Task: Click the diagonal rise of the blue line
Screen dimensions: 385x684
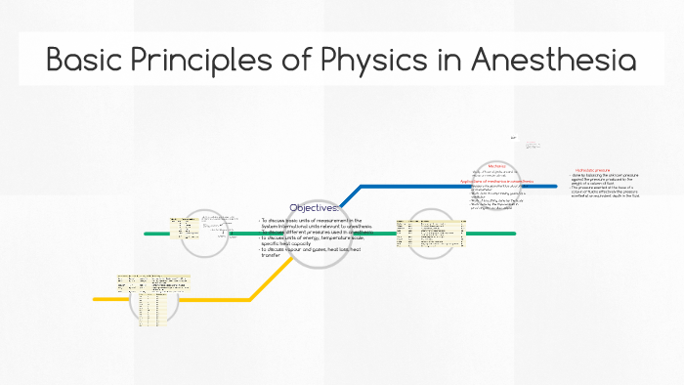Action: [348, 195]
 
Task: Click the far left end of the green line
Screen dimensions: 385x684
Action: [146, 234]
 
